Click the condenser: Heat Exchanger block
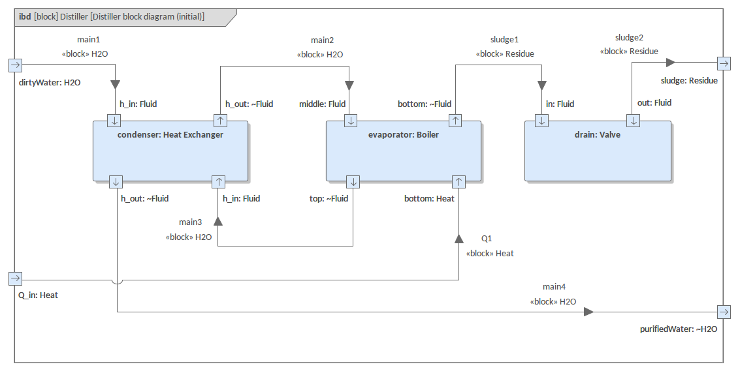(170, 151)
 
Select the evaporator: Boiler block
(404, 151)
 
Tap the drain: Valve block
(598, 151)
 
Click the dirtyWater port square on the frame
(16, 65)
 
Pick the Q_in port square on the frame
(16, 278)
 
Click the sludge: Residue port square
(724, 63)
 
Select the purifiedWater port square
(724, 312)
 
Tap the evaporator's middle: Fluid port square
(351, 121)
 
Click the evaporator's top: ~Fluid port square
(353, 182)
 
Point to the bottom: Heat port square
(458, 182)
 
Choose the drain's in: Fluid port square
(541, 121)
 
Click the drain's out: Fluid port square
(633, 121)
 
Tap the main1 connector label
(89, 39)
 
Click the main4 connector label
(554, 287)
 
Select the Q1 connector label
(487, 239)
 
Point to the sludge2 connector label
(630, 37)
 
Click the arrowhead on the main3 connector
(218, 220)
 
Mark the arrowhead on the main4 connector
(588, 312)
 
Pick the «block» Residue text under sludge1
(505, 54)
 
